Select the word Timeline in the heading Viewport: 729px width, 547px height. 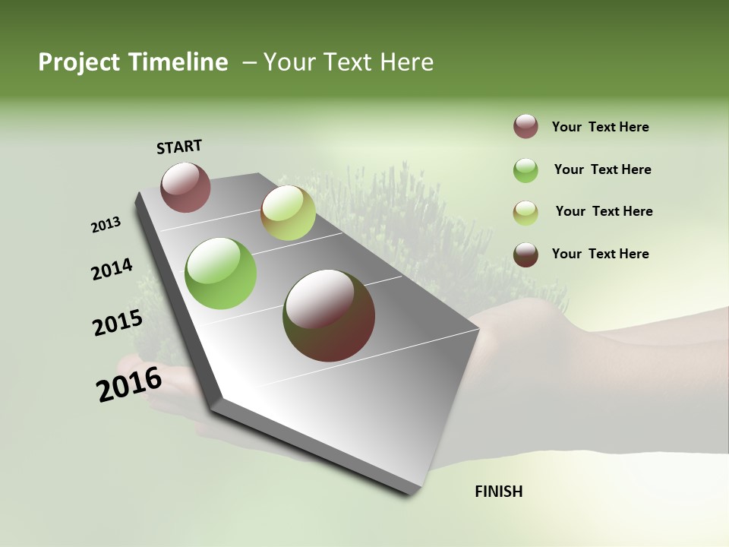[177, 62]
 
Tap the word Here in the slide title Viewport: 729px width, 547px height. [406, 62]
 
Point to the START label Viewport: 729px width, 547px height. [179, 147]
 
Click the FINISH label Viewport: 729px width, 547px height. [498, 492]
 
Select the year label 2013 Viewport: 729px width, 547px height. [106, 225]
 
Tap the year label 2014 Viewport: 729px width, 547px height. [112, 270]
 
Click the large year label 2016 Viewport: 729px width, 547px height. [128, 384]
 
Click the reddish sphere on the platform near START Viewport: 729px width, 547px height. [186, 187]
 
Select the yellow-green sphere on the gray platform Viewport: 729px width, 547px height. [288, 213]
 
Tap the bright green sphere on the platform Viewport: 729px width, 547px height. [221, 273]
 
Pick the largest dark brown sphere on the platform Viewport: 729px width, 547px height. [329, 315]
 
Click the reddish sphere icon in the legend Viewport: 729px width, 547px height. [525, 127]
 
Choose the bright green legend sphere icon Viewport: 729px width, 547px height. [525, 170]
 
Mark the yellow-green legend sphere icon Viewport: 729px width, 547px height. [525, 213]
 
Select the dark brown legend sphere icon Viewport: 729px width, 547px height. [525, 255]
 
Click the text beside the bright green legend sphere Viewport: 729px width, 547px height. [602, 169]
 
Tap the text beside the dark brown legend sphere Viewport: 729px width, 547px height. [600, 254]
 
